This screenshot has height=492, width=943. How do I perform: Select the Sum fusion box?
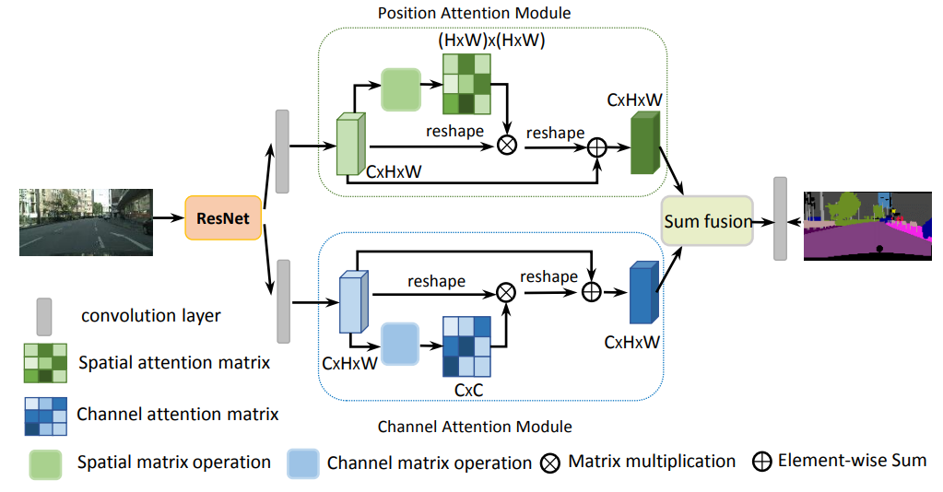coord(708,220)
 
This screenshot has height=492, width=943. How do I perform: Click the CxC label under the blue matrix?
coord(467,390)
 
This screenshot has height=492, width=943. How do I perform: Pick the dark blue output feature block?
coord(642,293)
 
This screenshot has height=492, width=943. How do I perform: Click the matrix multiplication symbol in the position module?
coord(506,145)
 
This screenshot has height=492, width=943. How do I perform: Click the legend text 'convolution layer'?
coord(151,316)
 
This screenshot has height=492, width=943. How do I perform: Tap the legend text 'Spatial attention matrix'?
coord(174,362)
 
